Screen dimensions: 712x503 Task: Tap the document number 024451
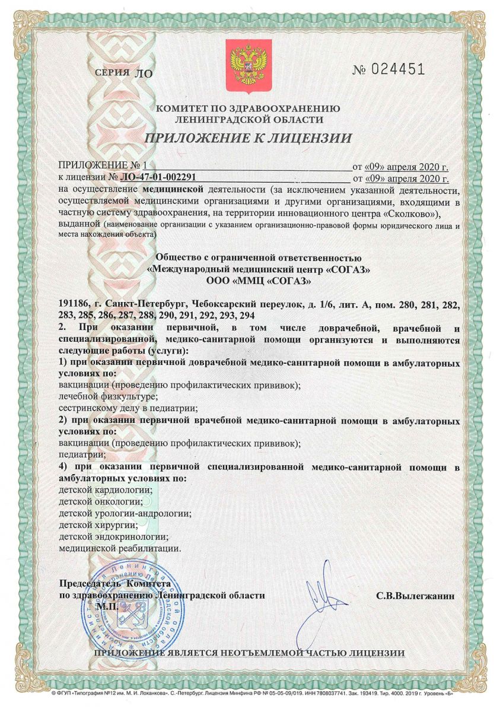point(397,69)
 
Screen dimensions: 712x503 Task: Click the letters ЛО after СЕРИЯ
point(144,74)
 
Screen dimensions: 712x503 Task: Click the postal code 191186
point(76,304)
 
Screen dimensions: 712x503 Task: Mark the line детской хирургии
point(99,525)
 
